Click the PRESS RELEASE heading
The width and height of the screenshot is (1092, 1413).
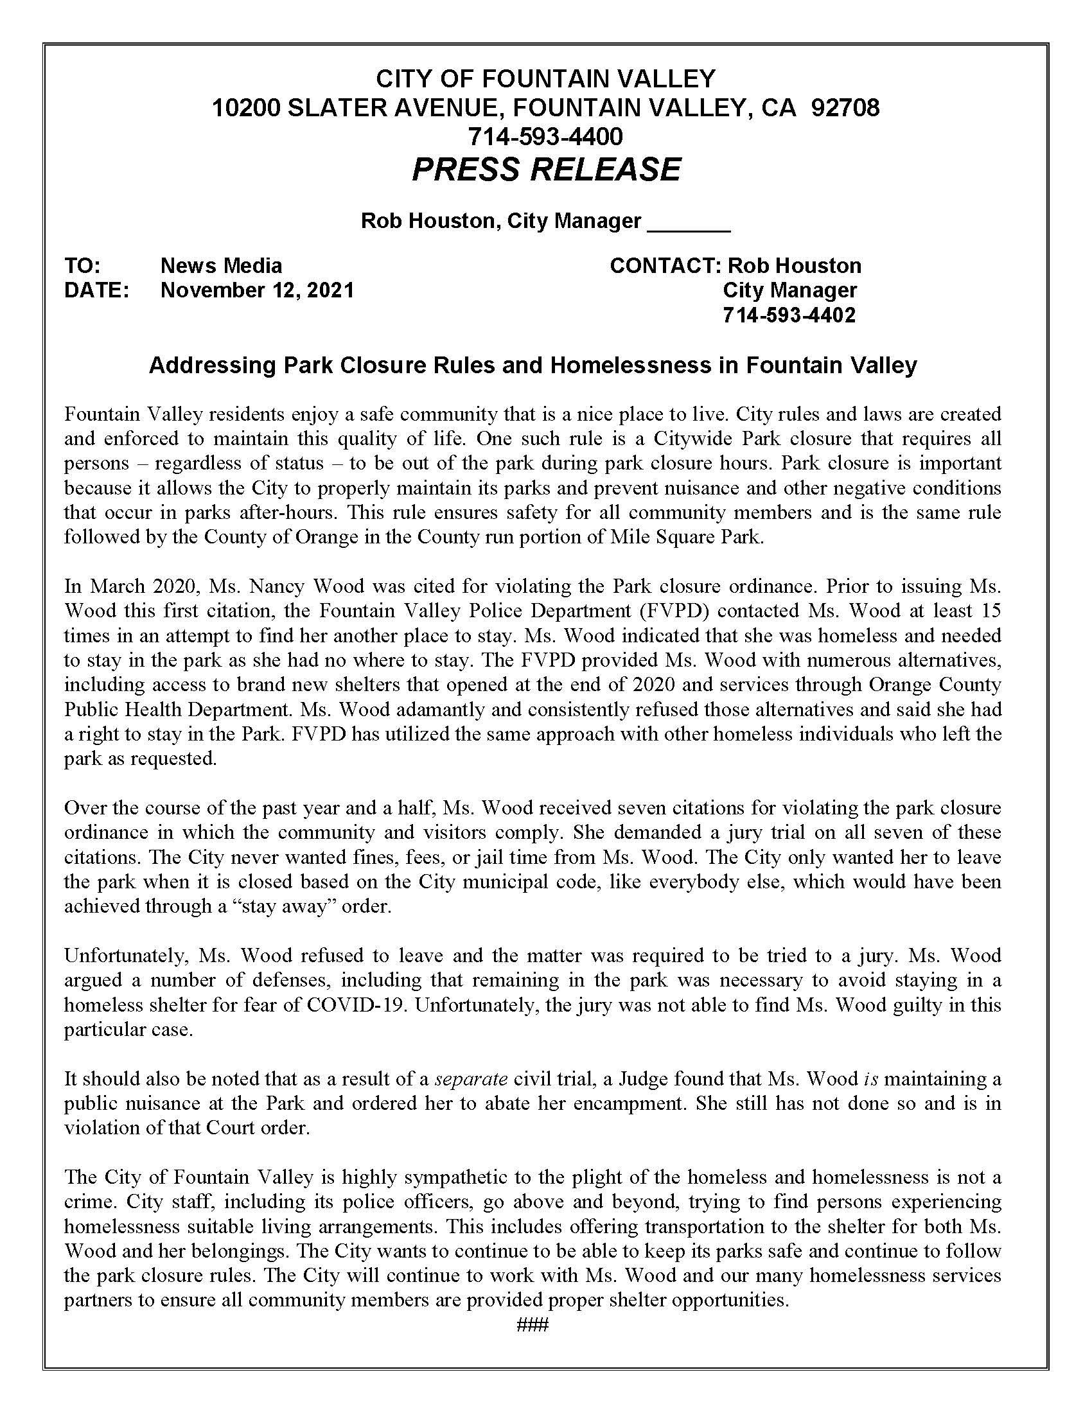click(x=546, y=169)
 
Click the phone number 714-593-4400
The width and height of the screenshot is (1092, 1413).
click(x=545, y=136)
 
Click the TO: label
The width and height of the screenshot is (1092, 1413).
click(x=82, y=265)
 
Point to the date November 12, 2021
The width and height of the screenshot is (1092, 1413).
click(x=257, y=290)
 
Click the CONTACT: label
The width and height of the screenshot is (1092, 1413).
click(x=665, y=265)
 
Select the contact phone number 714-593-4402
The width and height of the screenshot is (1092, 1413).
click(x=789, y=315)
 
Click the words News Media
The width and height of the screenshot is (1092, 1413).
click(x=220, y=265)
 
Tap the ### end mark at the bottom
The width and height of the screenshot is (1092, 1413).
click(x=533, y=1325)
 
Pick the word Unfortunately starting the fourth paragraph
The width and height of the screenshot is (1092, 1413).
click(x=127, y=956)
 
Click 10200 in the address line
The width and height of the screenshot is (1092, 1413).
click(x=246, y=107)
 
